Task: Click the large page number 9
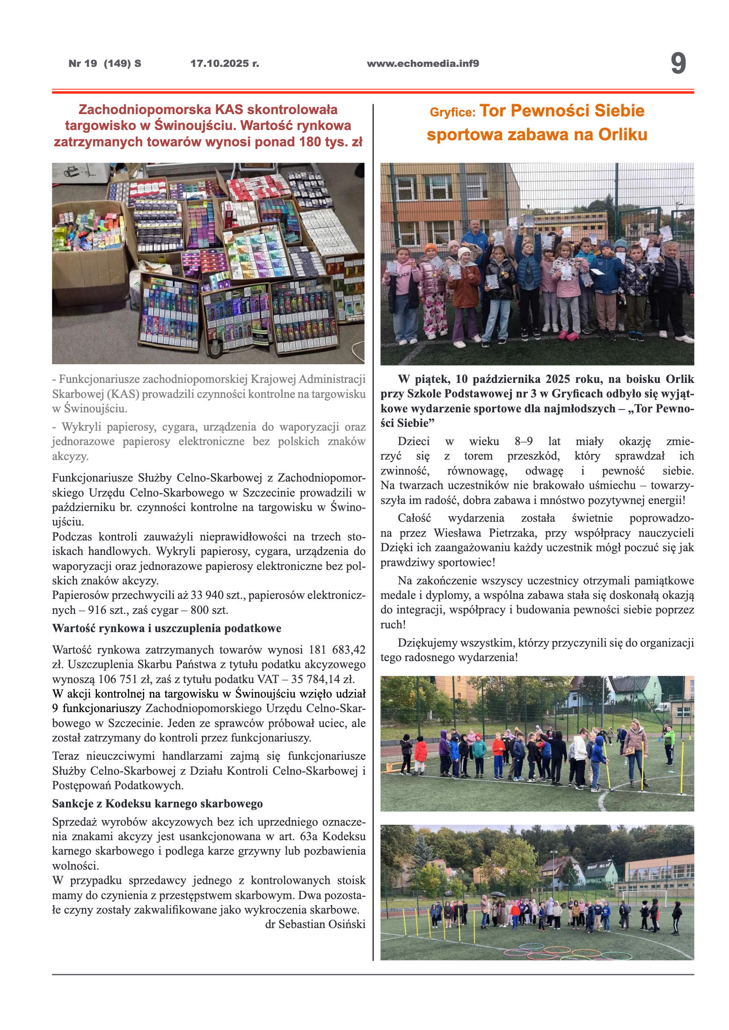coord(678,63)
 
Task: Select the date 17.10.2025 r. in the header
coord(225,64)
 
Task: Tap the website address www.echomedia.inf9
coord(423,64)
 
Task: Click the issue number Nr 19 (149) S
coord(105,64)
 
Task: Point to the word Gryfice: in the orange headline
coord(452,113)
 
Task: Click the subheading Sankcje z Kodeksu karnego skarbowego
coord(157,804)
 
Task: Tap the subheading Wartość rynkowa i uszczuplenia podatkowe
coord(167,628)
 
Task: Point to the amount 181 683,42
coord(337,650)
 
